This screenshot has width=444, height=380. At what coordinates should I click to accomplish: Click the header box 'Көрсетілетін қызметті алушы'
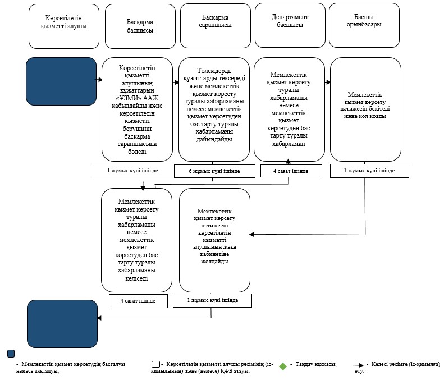(x=64, y=26)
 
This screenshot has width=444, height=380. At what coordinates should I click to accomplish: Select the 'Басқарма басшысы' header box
(x=140, y=26)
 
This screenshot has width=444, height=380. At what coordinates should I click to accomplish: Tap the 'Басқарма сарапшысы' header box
(x=216, y=25)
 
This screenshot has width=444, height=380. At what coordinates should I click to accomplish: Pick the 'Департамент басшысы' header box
(x=290, y=25)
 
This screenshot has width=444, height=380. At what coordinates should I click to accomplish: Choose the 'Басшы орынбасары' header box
(x=364, y=25)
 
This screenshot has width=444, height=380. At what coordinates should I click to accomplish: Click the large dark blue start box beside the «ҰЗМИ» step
(x=61, y=81)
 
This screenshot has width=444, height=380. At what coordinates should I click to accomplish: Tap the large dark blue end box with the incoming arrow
(x=62, y=324)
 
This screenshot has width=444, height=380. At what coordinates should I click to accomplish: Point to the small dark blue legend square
(x=11, y=354)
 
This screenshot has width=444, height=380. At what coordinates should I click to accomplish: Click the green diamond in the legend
(x=283, y=366)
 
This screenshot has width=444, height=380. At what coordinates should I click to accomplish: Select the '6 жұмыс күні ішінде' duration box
(x=214, y=171)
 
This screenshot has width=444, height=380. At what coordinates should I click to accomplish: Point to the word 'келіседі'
(x=136, y=278)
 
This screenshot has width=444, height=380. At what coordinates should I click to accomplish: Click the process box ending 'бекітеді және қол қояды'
(x=365, y=109)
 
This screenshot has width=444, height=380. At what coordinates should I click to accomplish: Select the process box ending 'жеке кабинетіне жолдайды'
(x=214, y=240)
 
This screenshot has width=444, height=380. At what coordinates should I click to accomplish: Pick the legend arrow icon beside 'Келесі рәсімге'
(x=358, y=365)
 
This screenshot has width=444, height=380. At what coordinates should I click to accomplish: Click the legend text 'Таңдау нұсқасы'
(x=316, y=364)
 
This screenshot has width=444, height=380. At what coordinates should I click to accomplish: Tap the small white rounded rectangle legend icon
(x=155, y=364)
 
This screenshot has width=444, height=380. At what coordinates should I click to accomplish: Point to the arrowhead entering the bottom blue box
(x=99, y=318)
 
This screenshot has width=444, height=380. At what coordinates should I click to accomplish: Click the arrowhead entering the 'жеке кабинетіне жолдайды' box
(x=251, y=234)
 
